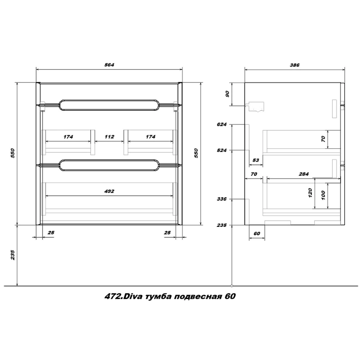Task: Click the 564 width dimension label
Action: (x=109, y=65)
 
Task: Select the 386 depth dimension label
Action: (x=295, y=65)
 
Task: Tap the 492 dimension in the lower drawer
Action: (x=109, y=191)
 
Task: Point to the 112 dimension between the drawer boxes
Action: (x=109, y=137)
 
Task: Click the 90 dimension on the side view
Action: (x=228, y=94)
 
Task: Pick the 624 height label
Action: (x=221, y=125)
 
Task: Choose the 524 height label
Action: (x=221, y=151)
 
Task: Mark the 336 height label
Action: (x=221, y=199)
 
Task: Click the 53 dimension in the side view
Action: (x=255, y=160)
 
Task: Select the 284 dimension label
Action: (x=303, y=174)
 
